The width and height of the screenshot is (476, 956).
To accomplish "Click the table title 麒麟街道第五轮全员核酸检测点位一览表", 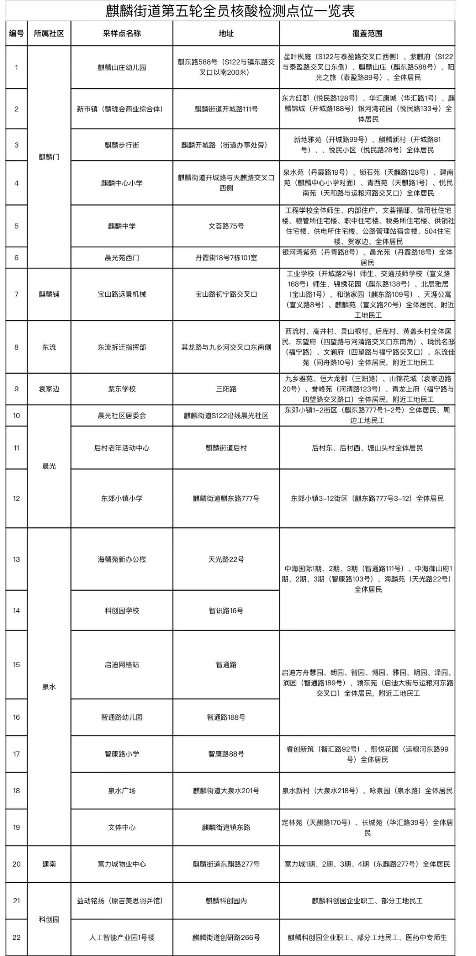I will pos(230,11).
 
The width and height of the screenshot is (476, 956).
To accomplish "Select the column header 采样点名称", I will pos(122,33).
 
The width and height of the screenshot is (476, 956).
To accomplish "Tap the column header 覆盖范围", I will pos(367,33).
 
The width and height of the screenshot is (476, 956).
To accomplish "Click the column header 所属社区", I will pos(49,33).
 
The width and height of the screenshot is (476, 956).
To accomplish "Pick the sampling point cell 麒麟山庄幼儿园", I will pos(122,67).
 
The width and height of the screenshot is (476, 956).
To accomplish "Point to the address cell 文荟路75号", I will pos(226,226).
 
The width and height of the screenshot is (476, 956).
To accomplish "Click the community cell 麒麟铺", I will pos(49,294).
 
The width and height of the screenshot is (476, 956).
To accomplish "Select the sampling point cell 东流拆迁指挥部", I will pos(122,347).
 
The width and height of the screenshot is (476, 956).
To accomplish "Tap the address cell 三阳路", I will pos(226,389).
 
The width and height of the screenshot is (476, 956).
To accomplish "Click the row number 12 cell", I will pos(16,499).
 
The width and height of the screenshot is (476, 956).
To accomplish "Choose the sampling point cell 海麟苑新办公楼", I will pos(122,559).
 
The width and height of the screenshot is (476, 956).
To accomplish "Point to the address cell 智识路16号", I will pos(226,610).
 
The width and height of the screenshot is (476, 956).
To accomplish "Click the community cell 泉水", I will pos(49,687).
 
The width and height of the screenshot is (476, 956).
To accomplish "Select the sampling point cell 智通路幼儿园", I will pos(122,717).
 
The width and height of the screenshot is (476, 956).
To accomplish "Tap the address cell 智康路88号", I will pos(226,754).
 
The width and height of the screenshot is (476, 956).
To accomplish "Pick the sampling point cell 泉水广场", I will pos(122,791).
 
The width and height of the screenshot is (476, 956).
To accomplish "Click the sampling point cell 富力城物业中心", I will pos(122,864).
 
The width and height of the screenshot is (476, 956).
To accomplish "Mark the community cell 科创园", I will pos(49,919).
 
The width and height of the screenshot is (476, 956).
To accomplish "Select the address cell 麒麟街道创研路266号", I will pos(226,938).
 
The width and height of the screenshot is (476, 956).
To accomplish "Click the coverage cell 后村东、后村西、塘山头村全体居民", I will pos(367,448).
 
